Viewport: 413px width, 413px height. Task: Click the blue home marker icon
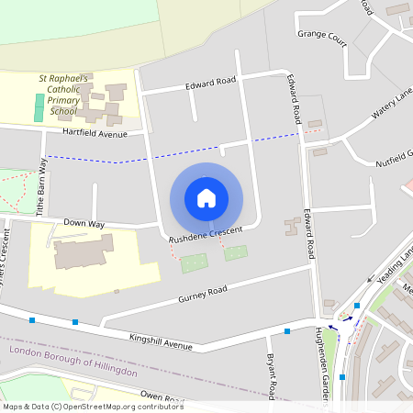pyautogui.click(x=206, y=198)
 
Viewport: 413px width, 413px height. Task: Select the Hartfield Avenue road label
pyautogui.click(x=95, y=134)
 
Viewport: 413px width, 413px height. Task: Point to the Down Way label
pyautogui.click(x=84, y=223)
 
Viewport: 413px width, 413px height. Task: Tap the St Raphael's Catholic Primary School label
pyautogui.click(x=63, y=95)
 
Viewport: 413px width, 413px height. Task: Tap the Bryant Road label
pyautogui.click(x=271, y=376)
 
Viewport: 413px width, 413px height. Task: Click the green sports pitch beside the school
pyautogui.click(x=39, y=108)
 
